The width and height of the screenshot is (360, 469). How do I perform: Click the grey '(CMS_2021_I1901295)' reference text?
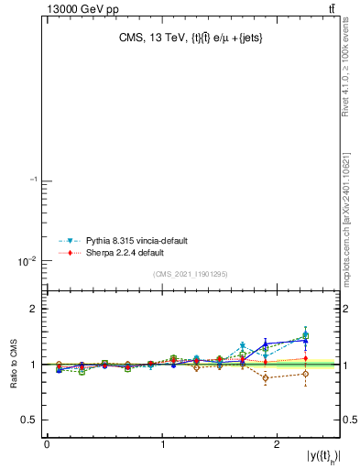(190, 275)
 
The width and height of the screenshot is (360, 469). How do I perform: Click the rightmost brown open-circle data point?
(306, 374)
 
